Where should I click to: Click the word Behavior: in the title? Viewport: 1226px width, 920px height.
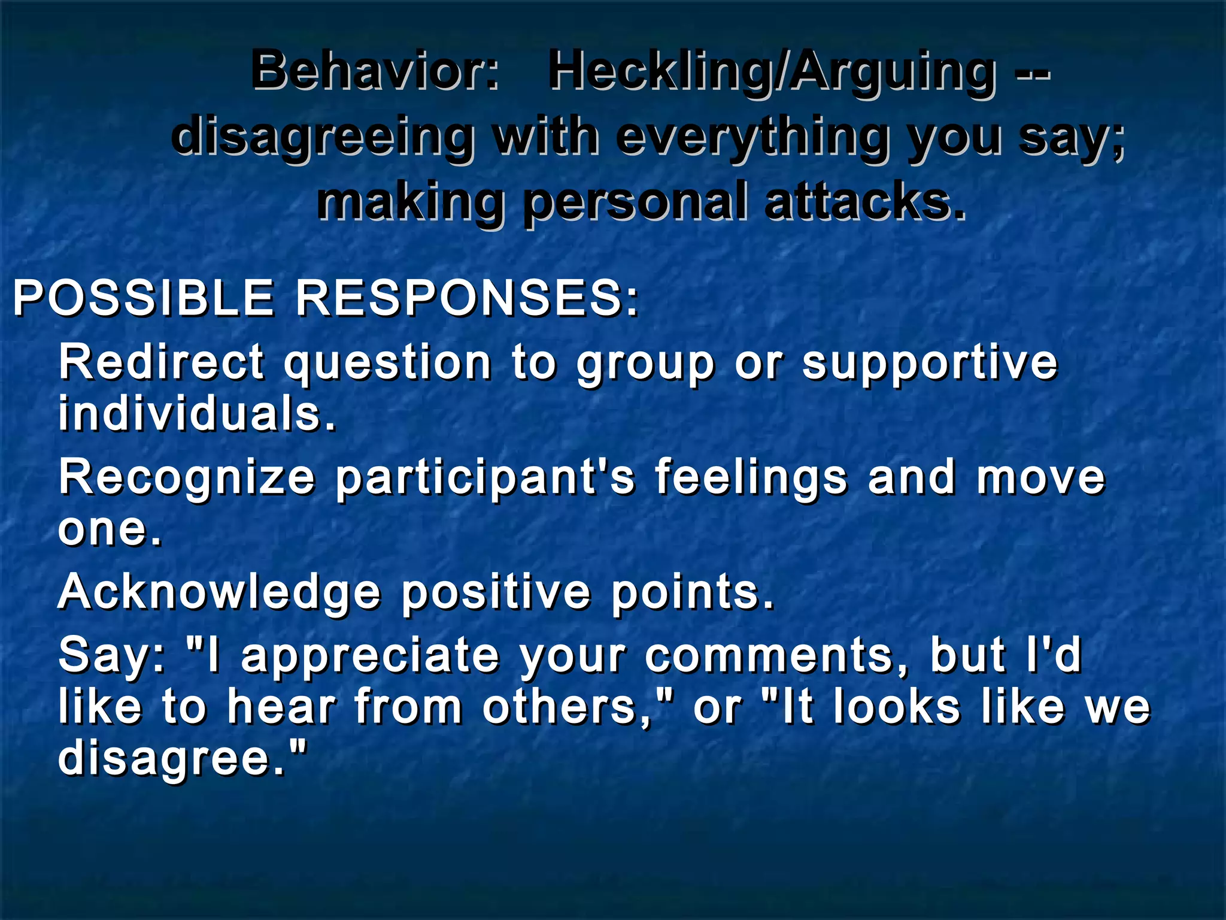(x=375, y=71)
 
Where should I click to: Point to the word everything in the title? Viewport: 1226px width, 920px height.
(x=751, y=137)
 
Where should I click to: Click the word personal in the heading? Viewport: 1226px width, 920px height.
(x=635, y=202)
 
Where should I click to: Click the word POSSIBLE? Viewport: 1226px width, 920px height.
(x=144, y=298)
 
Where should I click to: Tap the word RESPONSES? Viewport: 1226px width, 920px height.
(x=468, y=298)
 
